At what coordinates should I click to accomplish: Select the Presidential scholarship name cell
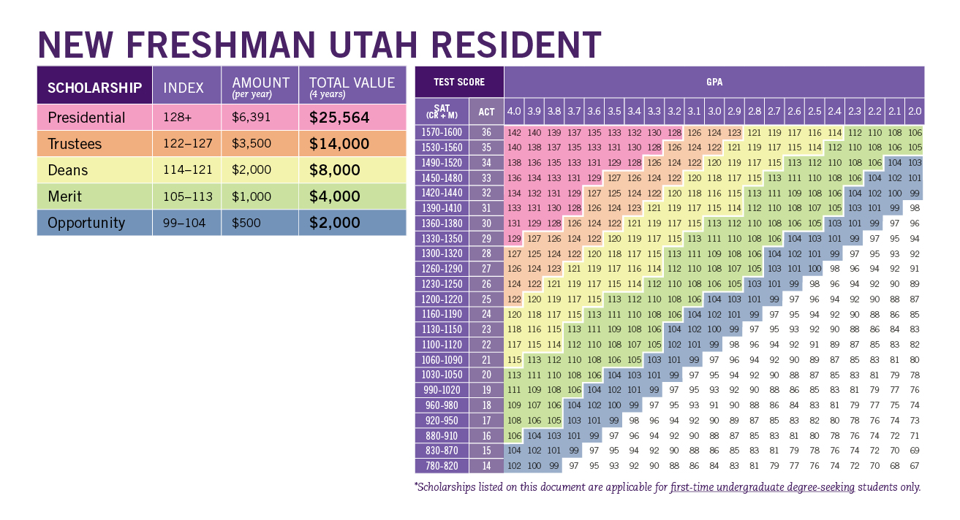click(x=86, y=118)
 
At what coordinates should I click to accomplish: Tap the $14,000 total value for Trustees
click(x=339, y=144)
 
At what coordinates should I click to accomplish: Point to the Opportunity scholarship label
click(x=86, y=223)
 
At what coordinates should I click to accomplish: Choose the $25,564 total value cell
click(x=339, y=118)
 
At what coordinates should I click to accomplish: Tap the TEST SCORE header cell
click(x=458, y=83)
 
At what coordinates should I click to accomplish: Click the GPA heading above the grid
click(x=714, y=83)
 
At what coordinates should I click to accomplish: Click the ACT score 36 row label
click(x=485, y=133)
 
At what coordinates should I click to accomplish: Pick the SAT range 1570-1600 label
click(x=442, y=133)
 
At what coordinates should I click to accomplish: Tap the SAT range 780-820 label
click(x=442, y=466)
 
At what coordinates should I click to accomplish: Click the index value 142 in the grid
click(x=514, y=133)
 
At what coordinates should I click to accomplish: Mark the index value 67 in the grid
click(x=914, y=466)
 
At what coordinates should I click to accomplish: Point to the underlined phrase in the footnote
click(x=762, y=487)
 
